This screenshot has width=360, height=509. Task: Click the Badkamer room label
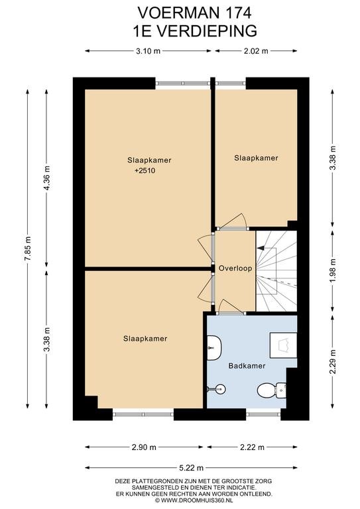pyautogui.click(x=247, y=366)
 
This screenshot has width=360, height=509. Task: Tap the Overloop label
pyautogui.click(x=235, y=268)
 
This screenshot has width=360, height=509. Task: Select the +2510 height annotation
pyautogui.click(x=145, y=170)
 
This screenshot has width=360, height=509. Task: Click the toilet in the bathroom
pyautogui.click(x=271, y=390)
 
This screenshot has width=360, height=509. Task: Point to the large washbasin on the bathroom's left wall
pyautogui.click(x=214, y=348)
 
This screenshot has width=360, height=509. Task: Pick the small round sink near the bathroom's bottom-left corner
pyautogui.click(x=220, y=388)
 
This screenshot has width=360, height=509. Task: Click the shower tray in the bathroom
pyautogui.click(x=283, y=345)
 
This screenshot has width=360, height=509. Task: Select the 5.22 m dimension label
pyautogui.click(x=192, y=468)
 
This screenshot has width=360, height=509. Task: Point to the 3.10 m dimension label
pyautogui.click(x=149, y=51)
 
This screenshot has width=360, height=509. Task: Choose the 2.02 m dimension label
pyautogui.click(x=256, y=51)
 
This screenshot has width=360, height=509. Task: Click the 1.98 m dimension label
pyautogui.click(x=333, y=270)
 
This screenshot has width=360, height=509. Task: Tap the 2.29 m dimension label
pyautogui.click(x=333, y=362)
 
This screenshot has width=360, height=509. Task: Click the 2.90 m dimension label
pyautogui.click(x=144, y=447)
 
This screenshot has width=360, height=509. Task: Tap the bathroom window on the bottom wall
pyautogui.click(x=263, y=414)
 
